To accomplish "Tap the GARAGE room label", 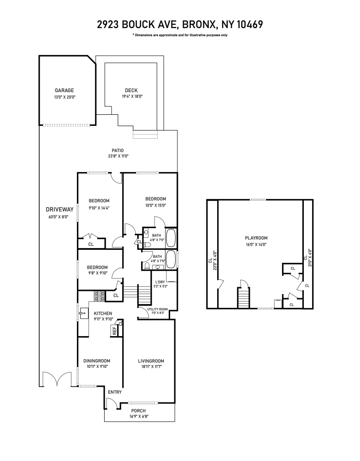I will (x=65, y=90).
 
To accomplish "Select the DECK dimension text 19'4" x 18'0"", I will (x=132, y=96).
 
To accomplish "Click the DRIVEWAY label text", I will (x=57, y=208).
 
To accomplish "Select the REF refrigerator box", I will (x=114, y=330).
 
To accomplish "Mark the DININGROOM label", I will (x=96, y=361).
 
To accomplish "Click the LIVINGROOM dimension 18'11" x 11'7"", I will (x=151, y=367).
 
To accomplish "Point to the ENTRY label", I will (x=114, y=392).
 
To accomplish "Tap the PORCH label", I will (x=138, y=411).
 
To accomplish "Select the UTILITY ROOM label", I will (x=157, y=309).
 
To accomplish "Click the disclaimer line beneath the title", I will (x=179, y=35).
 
